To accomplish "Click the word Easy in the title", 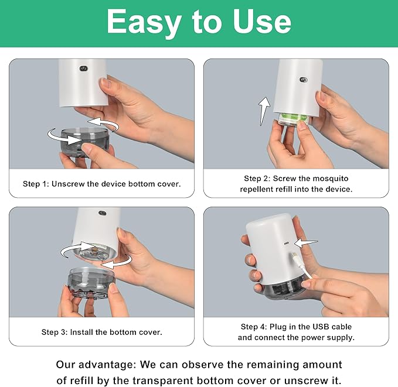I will pyautogui.click(x=144, y=22).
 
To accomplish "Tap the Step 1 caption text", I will pyautogui.click(x=101, y=184).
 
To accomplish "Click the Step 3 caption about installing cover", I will pyautogui.click(x=101, y=332).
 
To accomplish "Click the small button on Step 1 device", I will pyautogui.click(x=83, y=69).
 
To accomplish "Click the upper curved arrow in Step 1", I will pyautogui.click(x=103, y=124).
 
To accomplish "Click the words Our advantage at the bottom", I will pyautogui.click(x=96, y=364).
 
